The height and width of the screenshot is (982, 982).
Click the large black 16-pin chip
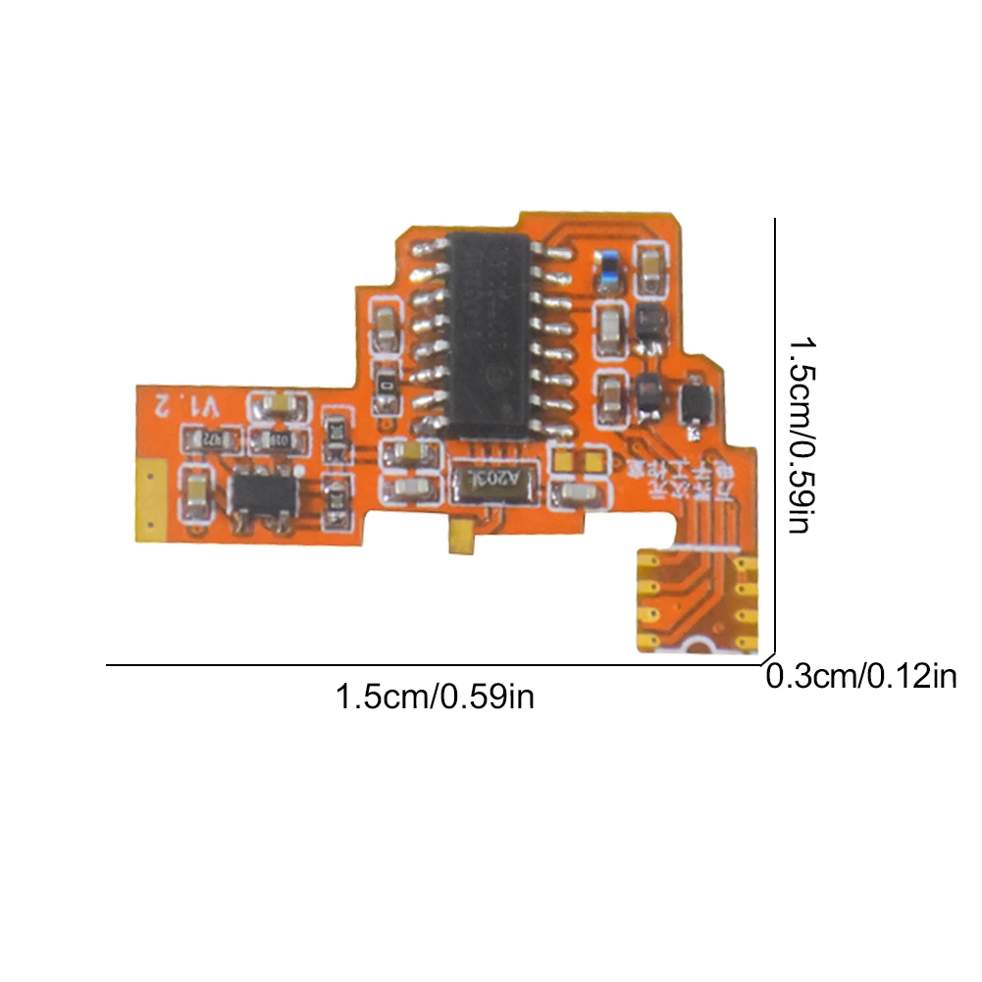click(x=489, y=335)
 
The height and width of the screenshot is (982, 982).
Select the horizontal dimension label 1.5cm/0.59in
click(x=435, y=698)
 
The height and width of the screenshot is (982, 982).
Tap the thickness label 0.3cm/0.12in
click(x=860, y=677)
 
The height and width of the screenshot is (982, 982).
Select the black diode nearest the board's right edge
click(x=694, y=400)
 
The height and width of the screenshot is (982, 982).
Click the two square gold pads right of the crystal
click(x=580, y=458)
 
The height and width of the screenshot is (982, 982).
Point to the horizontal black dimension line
click(x=432, y=666)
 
